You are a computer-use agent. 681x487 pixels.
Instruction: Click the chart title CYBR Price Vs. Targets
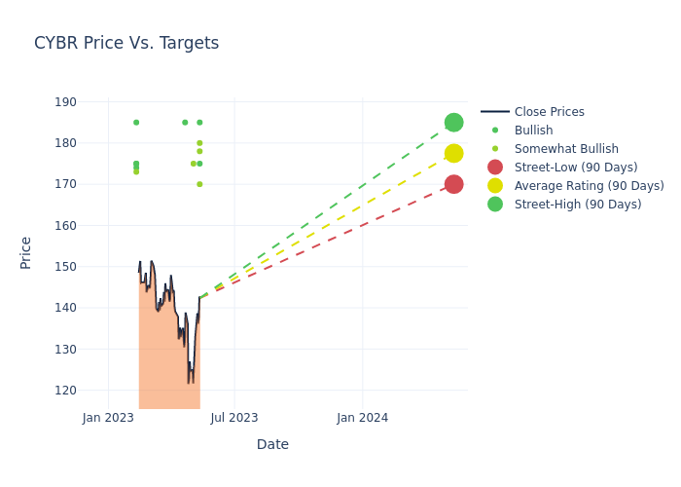pos(126,43)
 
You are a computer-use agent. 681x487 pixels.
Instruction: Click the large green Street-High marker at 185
pos(453,123)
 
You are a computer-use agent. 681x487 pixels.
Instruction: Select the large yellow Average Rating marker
pos(453,153)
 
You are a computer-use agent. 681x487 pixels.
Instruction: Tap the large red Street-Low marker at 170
pos(453,184)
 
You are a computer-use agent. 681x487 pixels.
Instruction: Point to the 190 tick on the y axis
pos(65,102)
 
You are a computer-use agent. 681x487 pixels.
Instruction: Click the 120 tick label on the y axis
pos(65,390)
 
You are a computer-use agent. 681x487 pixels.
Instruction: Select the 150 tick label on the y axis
pos(65,267)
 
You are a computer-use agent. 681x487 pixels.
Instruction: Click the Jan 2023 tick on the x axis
pos(107,418)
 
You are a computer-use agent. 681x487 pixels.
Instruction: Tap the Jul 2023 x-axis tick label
pos(234,418)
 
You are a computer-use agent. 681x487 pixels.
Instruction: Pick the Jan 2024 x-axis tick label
pos(362,418)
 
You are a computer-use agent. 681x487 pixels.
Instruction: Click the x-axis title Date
pos(272,444)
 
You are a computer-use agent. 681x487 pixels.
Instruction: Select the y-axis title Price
pos(26,252)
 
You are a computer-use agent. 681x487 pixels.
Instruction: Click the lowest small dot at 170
pos(199,184)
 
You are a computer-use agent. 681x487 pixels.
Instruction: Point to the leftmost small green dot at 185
pos(136,123)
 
